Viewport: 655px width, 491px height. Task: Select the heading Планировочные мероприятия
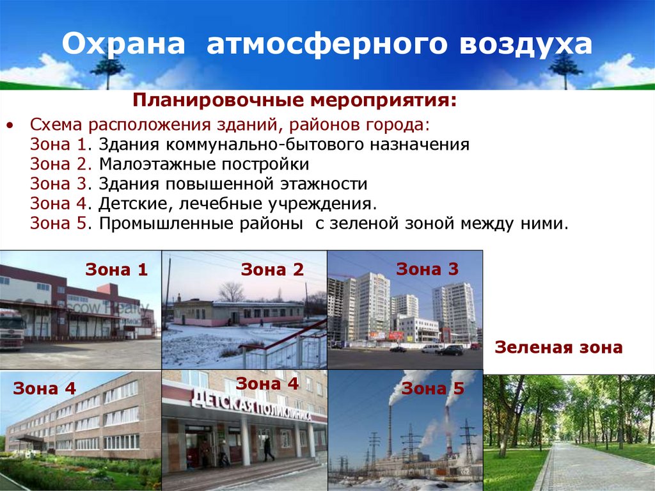pyautogui.click(x=294, y=101)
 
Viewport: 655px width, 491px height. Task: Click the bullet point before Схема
pyautogui.click(x=9, y=124)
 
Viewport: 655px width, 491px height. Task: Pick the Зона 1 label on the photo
pyautogui.click(x=116, y=270)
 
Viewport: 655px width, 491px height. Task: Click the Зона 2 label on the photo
pyautogui.click(x=272, y=270)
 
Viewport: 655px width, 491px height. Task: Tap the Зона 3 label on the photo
pyautogui.click(x=427, y=270)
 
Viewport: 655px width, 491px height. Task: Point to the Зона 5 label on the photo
pyautogui.click(x=433, y=388)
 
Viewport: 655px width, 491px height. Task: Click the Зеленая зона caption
pyautogui.click(x=558, y=348)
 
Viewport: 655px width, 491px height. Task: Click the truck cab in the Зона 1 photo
pyautogui.click(x=12, y=327)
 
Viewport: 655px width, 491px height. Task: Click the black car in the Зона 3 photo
pyautogui.click(x=451, y=350)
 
